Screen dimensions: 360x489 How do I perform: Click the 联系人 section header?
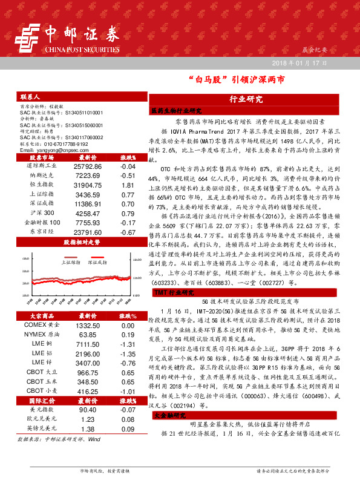30,97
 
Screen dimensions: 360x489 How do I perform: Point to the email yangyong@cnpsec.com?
51,149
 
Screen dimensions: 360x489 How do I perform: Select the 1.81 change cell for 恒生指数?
127,184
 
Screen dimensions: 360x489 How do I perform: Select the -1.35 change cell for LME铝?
127,353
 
